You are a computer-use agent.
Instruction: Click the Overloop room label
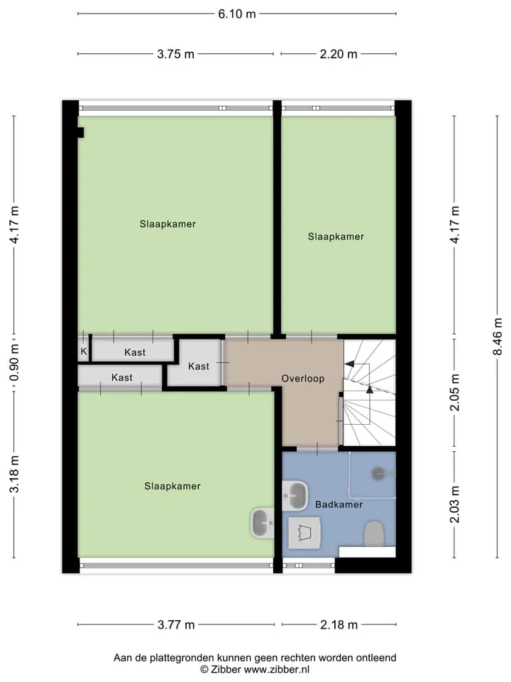(303, 379)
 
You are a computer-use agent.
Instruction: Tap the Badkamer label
(339, 504)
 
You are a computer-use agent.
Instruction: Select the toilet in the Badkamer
(374, 534)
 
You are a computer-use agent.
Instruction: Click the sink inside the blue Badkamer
(295, 495)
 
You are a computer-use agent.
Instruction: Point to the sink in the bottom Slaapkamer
(263, 523)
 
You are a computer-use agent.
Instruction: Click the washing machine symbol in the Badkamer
(304, 533)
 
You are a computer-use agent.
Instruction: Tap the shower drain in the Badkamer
(379, 474)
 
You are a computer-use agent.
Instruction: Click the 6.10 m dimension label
(237, 14)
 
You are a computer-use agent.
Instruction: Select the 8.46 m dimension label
(498, 337)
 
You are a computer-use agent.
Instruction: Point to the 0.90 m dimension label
(14, 362)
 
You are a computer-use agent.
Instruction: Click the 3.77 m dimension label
(176, 625)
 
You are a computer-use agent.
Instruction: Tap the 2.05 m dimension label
(454, 392)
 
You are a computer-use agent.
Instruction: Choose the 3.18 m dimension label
(14, 474)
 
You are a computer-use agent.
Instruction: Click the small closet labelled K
(84, 351)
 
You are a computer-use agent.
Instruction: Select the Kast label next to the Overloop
(199, 367)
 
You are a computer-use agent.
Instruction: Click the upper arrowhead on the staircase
(349, 364)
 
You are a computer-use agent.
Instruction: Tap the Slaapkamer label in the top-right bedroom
(336, 237)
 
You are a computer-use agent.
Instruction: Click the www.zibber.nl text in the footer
(276, 669)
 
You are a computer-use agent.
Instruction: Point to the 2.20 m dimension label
(339, 54)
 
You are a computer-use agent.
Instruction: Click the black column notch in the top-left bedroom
(80, 132)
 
